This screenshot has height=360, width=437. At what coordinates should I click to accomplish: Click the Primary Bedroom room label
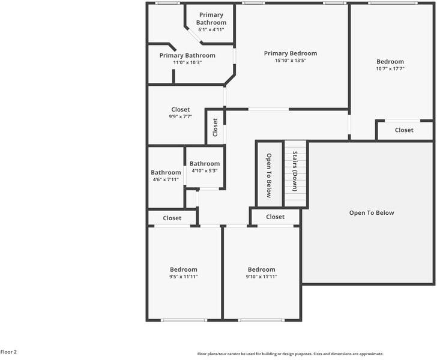pos(291,53)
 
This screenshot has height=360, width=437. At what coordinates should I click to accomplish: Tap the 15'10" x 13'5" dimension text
pos(291,61)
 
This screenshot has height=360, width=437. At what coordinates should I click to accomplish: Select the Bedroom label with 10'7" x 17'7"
pos(390,61)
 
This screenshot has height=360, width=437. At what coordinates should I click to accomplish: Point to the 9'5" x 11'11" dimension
pos(183,277)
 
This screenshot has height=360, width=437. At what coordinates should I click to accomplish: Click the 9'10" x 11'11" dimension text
pos(261,277)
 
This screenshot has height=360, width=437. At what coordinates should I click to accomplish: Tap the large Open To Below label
pos(372,212)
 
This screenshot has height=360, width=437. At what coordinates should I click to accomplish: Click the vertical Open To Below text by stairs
pos(270,176)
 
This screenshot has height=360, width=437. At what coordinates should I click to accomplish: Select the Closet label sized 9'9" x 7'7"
pos(180,110)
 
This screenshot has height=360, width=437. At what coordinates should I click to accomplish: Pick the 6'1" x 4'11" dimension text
pos(211,29)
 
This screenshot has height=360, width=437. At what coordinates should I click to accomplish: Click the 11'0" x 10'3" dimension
pos(187,62)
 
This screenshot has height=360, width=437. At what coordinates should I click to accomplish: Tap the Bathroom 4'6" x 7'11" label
pos(166,173)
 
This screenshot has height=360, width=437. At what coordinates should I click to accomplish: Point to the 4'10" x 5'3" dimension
pos(205,171)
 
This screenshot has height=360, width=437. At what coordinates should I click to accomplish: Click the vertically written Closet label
pos(215,127)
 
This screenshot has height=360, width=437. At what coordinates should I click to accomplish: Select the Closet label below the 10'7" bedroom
pos(404,130)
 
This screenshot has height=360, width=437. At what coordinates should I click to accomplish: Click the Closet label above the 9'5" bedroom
pos(172,218)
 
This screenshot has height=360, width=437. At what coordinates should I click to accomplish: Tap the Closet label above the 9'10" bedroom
pos(275,217)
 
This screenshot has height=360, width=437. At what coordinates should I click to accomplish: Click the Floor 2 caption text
pos(9,352)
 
